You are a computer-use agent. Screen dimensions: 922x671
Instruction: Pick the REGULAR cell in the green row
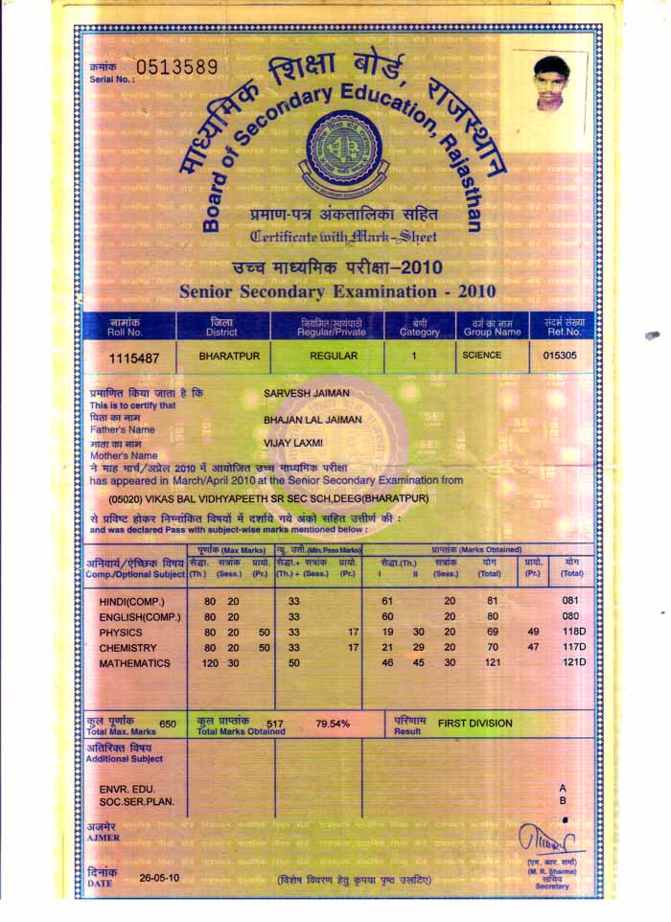[x=334, y=356]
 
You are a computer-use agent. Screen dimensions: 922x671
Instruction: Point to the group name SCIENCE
[x=482, y=355]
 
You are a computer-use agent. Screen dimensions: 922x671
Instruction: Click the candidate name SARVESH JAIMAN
[x=306, y=394]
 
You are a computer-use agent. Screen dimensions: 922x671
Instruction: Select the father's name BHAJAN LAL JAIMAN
[x=315, y=420]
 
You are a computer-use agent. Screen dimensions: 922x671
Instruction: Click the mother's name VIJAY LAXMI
[x=293, y=444]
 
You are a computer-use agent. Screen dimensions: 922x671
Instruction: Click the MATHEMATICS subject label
[x=134, y=663]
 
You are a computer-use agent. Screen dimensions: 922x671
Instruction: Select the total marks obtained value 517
[x=276, y=724]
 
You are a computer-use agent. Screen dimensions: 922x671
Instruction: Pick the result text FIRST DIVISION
[x=474, y=724]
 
